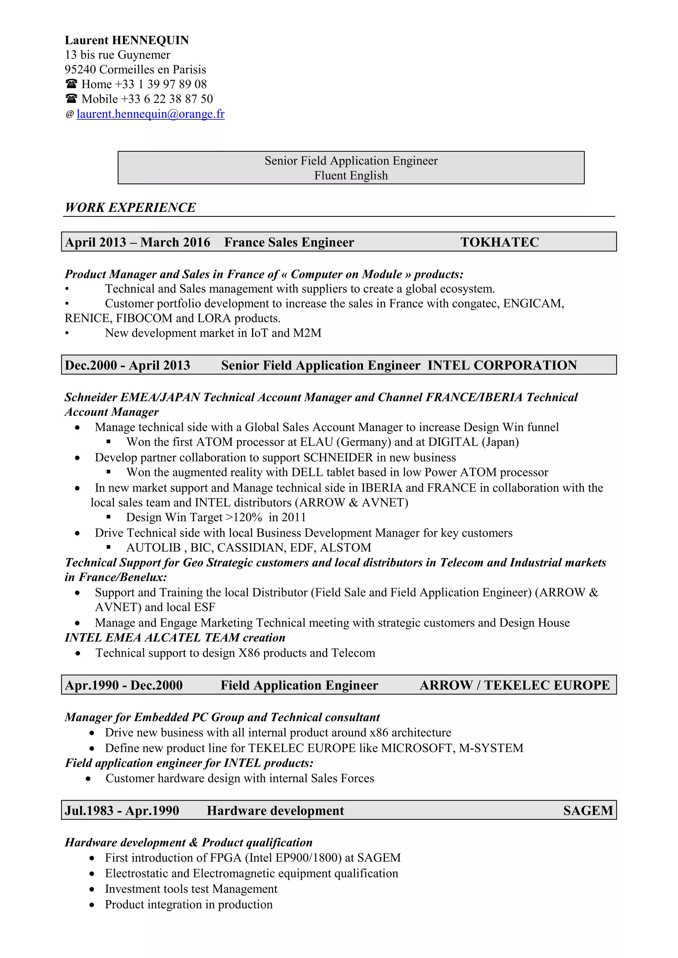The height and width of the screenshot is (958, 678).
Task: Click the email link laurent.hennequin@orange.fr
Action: point(150,114)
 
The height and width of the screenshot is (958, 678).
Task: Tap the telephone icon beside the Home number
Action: point(72,84)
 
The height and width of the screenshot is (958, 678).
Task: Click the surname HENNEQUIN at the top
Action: point(151,40)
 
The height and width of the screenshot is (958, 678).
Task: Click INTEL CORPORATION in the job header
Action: point(502,365)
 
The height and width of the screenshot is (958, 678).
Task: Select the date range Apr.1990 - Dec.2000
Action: point(124,685)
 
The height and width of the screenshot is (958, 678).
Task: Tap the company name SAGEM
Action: point(588,810)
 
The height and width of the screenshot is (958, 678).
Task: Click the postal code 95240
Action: point(80,69)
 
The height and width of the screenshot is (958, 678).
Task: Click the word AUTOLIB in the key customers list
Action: point(153,547)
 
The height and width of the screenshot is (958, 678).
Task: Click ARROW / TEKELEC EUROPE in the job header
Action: point(514,685)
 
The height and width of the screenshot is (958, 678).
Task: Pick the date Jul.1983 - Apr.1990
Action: point(122,810)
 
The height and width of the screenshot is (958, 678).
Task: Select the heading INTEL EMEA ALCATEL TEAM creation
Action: point(175,637)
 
